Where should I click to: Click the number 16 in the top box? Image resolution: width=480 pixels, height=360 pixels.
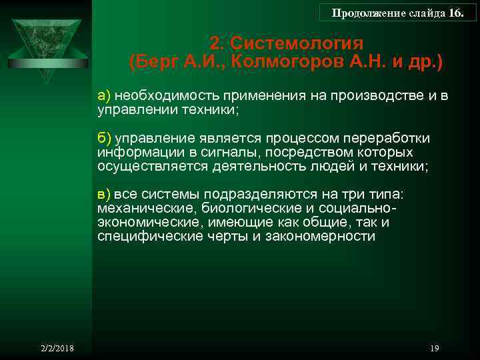[455, 13]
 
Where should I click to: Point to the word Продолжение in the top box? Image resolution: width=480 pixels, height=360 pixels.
[360, 13]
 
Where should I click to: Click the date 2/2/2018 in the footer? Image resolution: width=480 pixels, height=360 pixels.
[56, 349]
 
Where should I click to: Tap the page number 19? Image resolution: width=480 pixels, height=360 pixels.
[435, 349]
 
